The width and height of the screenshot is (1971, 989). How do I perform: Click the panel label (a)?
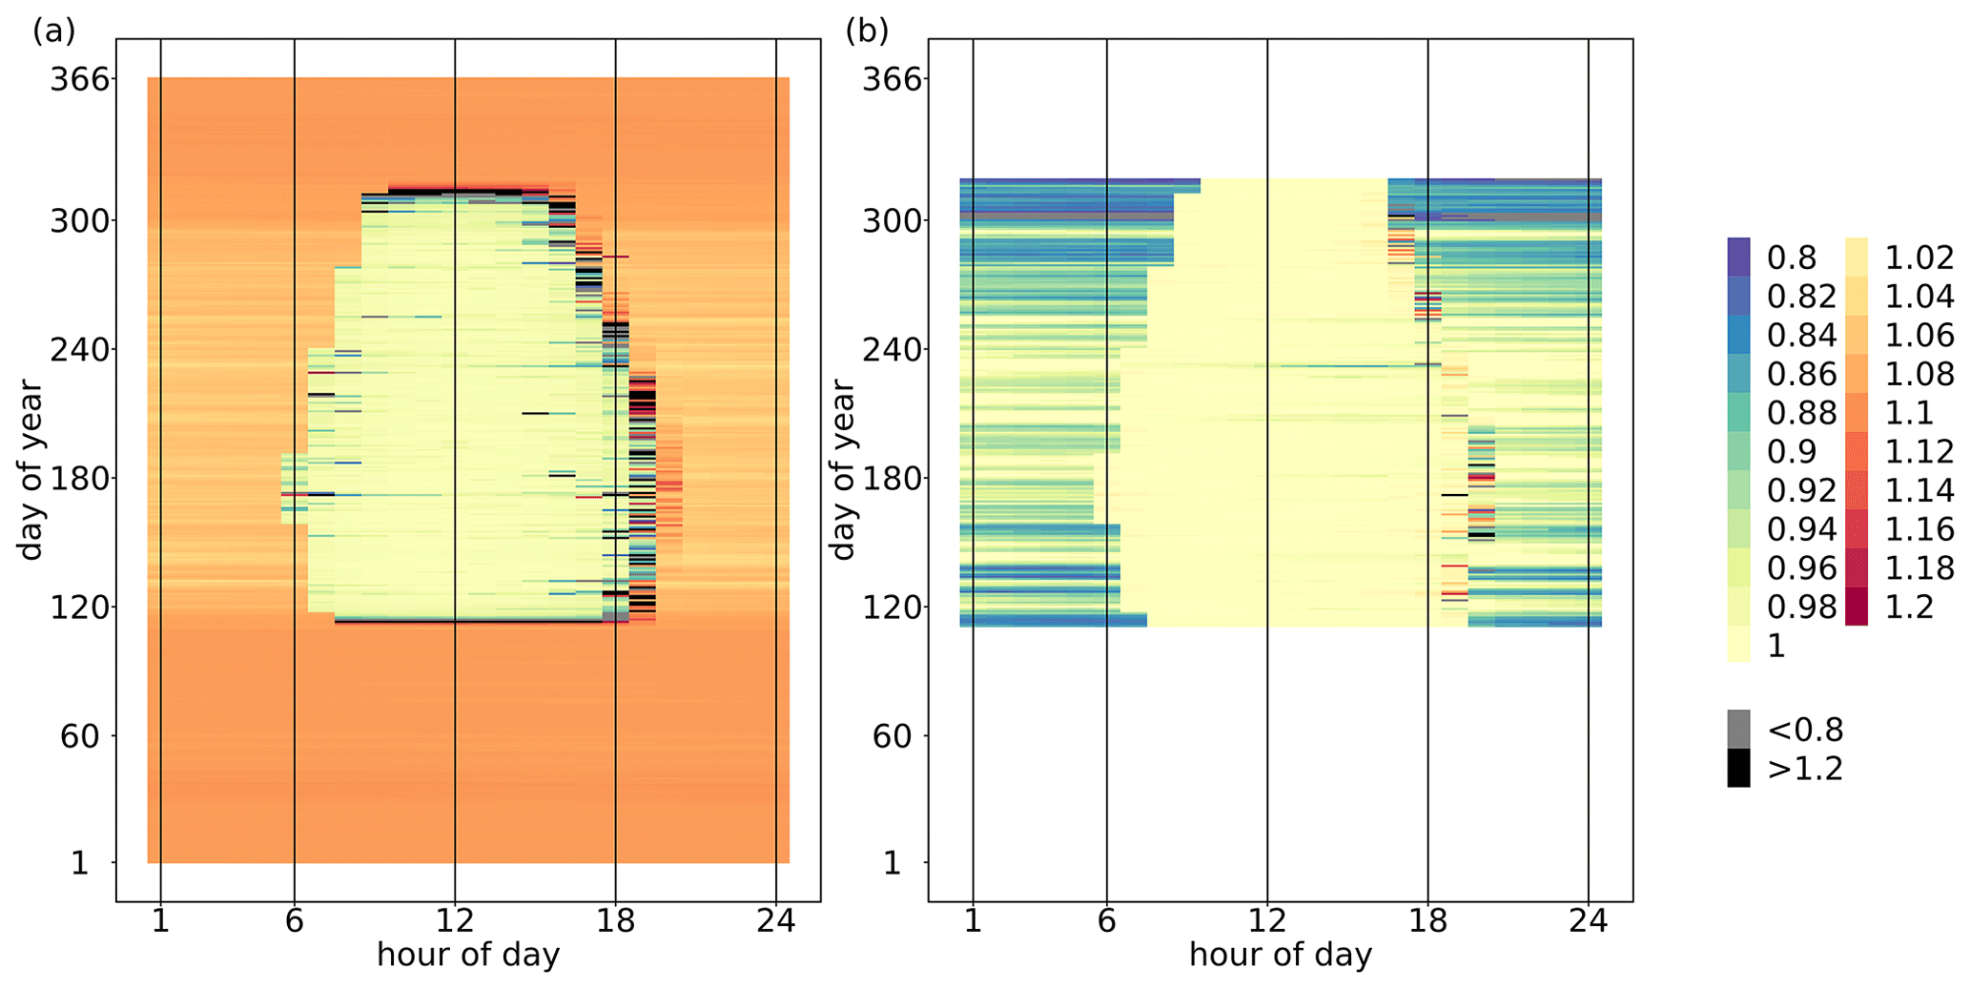click(x=53, y=31)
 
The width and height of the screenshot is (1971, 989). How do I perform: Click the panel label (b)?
click(x=866, y=31)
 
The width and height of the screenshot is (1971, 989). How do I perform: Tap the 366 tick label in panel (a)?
click(x=80, y=78)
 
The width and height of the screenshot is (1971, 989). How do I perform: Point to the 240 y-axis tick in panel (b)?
click(x=893, y=349)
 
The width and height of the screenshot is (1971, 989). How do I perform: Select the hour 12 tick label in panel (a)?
click(x=455, y=921)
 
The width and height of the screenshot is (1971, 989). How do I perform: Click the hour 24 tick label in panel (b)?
click(x=1588, y=921)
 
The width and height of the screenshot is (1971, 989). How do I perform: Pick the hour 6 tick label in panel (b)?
click(x=1106, y=921)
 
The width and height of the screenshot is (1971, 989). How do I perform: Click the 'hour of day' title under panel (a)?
click(x=467, y=955)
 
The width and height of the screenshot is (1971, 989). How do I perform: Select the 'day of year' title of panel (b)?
click(x=842, y=469)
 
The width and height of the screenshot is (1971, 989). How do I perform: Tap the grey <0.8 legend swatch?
click(x=1738, y=730)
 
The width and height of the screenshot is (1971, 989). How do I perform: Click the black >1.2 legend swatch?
click(x=1738, y=769)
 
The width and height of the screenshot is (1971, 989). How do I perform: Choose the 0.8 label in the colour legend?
click(x=1792, y=258)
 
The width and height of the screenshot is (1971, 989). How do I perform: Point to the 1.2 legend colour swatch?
click(x=1856, y=607)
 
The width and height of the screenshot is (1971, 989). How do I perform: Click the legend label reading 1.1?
click(x=1909, y=413)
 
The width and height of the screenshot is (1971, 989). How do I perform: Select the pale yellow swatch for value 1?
click(x=1738, y=646)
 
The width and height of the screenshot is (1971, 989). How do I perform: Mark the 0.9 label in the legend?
click(x=1792, y=451)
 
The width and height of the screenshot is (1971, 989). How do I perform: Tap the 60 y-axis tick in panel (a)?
click(x=80, y=735)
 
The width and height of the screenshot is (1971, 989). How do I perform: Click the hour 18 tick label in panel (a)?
click(x=615, y=921)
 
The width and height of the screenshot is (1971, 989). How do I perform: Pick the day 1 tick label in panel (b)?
click(x=892, y=864)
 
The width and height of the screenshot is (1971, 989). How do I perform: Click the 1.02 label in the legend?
click(x=1919, y=258)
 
